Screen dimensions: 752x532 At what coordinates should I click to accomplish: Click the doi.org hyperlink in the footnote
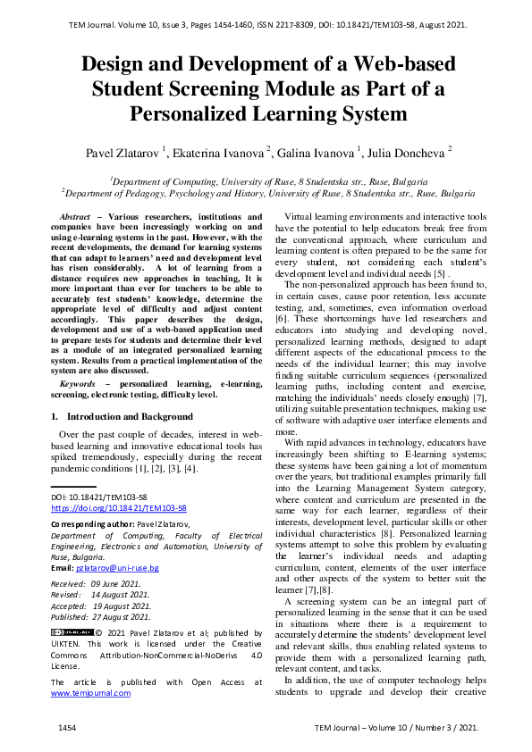coord(118,506)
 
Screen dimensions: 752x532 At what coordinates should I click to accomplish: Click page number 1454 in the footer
coord(68,729)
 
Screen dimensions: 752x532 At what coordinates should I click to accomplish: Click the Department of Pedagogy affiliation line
coord(268,192)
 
